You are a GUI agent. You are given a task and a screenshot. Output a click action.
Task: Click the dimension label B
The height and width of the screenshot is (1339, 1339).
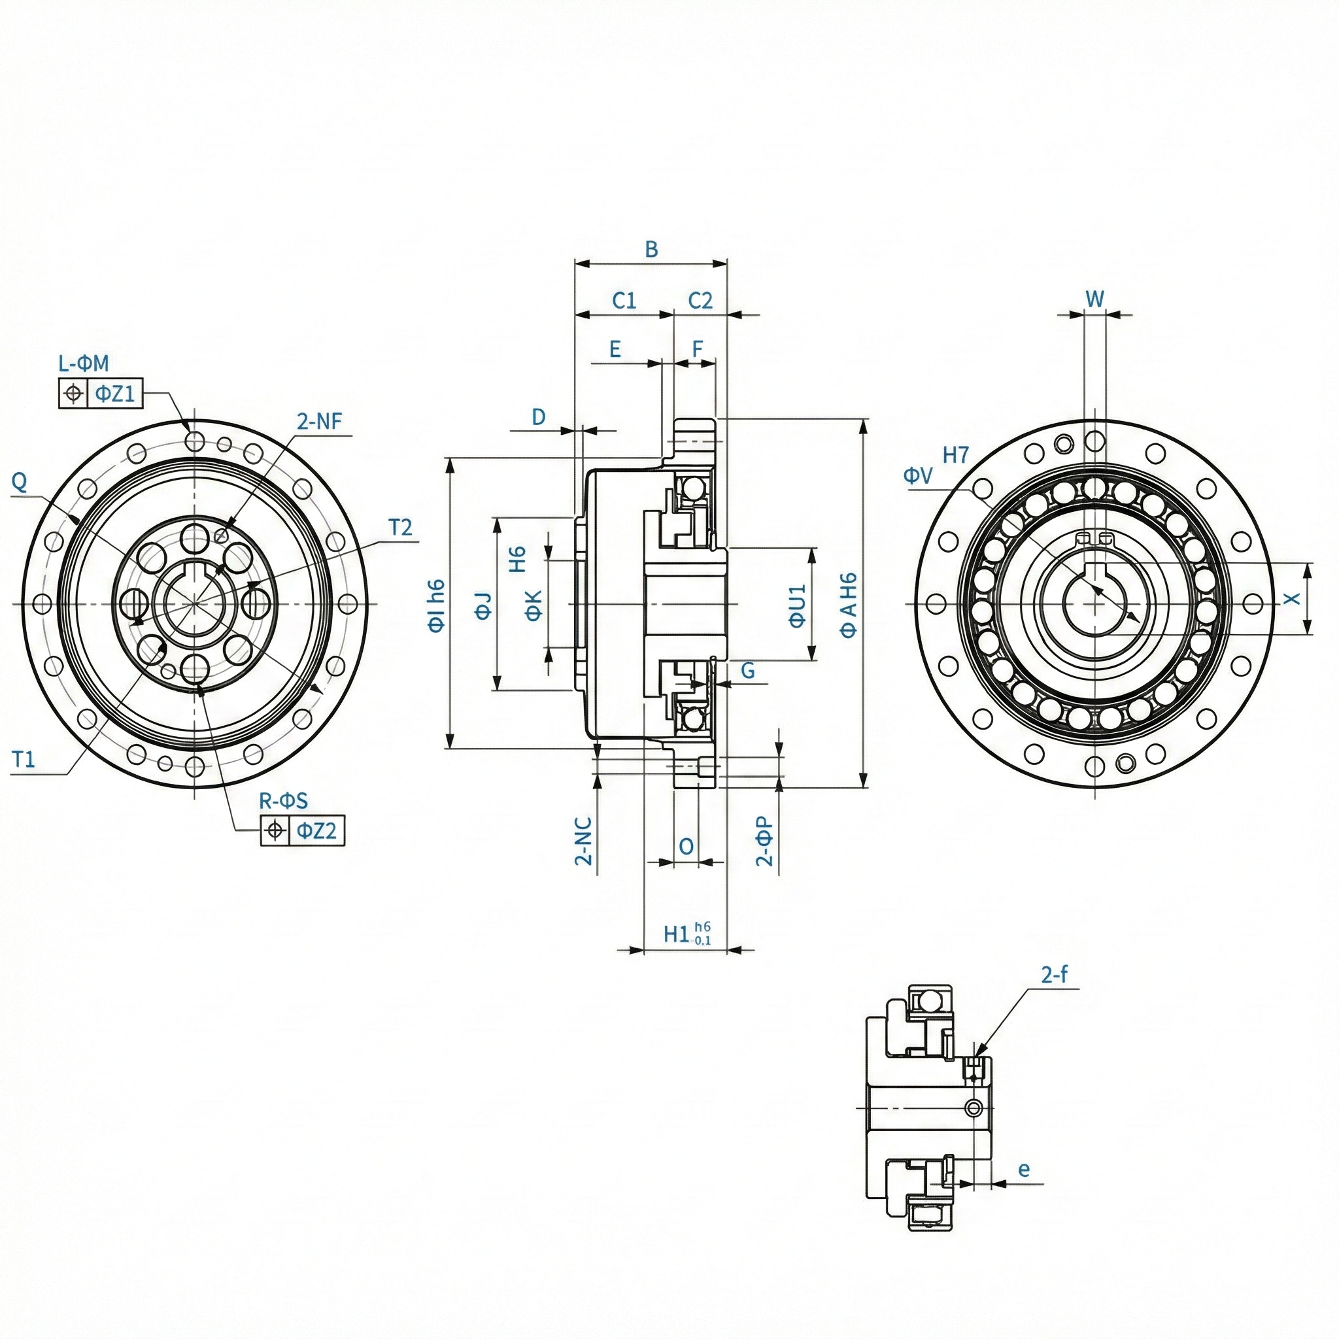651,250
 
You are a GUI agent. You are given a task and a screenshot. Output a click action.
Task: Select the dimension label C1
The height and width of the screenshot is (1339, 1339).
624,301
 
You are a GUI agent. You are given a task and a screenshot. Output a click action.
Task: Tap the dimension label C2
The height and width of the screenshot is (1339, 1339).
700,301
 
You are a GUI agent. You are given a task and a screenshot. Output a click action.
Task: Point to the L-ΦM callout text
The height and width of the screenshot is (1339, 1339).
83,363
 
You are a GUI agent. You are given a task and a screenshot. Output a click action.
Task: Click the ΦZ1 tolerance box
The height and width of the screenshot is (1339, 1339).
114,394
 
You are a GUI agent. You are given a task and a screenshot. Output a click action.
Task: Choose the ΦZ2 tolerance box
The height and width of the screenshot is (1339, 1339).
316,830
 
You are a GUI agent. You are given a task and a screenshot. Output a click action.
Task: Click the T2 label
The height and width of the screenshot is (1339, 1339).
400,528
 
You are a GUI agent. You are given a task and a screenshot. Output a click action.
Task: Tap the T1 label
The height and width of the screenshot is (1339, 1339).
23,760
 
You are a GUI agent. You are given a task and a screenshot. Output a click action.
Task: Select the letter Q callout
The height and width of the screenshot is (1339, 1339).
20,481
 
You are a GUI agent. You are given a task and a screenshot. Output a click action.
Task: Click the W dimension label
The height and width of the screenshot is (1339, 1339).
1094,299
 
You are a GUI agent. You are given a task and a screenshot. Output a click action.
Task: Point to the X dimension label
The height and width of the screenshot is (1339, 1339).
1293,599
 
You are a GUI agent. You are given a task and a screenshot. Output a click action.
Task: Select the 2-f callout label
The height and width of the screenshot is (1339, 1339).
1054,975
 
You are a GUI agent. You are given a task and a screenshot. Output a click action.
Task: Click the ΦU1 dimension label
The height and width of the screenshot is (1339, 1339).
798,605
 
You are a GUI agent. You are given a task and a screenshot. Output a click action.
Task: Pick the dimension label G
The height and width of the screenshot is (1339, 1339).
748,670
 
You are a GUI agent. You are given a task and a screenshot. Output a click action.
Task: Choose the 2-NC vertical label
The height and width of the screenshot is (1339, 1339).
585,841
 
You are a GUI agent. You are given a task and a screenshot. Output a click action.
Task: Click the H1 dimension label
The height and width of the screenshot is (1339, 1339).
676,934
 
